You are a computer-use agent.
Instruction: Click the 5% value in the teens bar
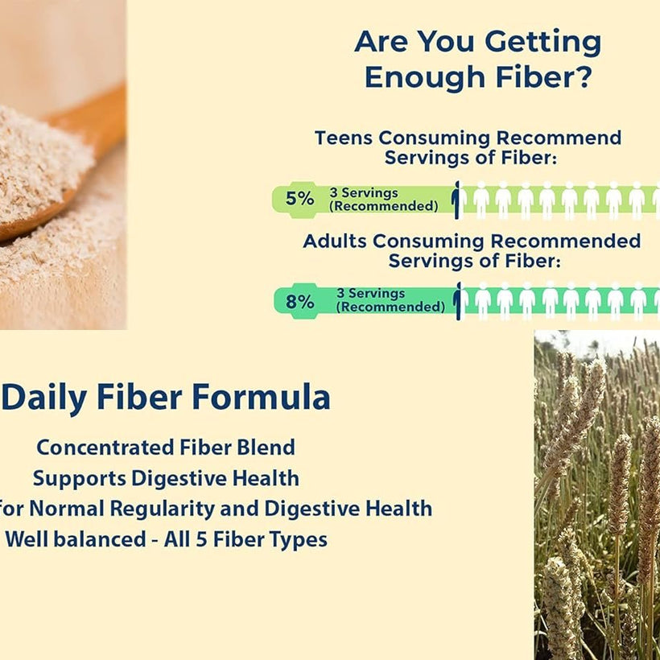(299, 198)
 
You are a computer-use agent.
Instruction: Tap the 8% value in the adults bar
(299, 301)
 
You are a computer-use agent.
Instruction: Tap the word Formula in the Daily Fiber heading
(261, 397)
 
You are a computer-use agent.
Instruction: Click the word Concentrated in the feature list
(105, 447)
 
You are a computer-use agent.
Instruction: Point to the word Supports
(80, 479)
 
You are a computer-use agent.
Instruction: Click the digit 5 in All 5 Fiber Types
(201, 539)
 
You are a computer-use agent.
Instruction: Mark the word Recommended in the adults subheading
(566, 241)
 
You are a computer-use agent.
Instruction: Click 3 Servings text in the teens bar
(364, 193)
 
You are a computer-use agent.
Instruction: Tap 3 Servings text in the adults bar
(370, 293)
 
